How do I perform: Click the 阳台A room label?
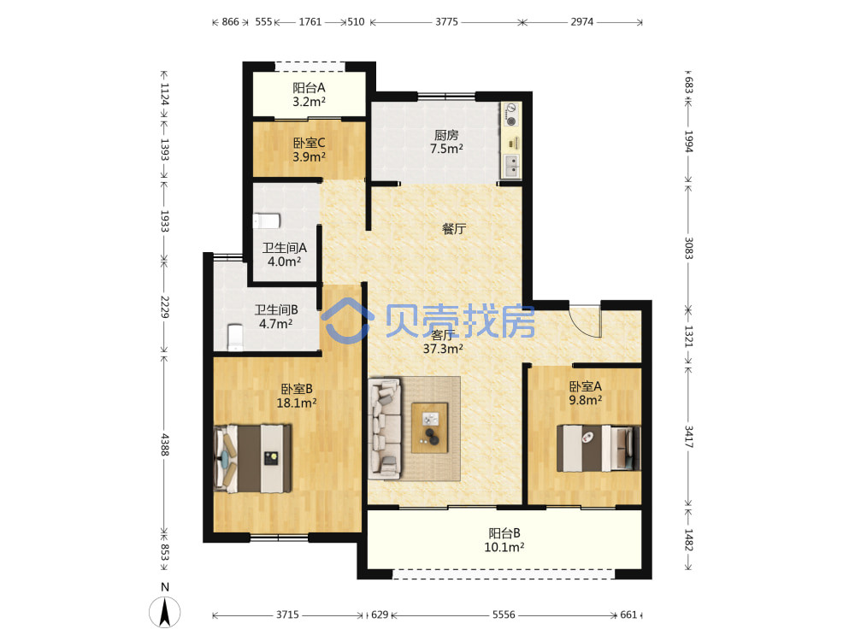click(309, 87)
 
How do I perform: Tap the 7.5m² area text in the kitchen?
click(446, 149)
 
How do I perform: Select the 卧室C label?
click(310, 143)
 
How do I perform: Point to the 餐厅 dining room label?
click(454, 229)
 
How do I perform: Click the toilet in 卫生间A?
click(267, 221)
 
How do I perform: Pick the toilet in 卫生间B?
click(235, 338)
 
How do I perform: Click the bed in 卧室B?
click(252, 459)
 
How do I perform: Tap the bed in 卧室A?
click(598, 448)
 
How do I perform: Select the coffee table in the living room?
click(430, 428)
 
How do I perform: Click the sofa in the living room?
click(385, 428)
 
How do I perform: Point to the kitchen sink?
click(511, 166)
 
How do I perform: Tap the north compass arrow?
click(165, 612)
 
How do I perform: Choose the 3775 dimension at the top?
click(446, 22)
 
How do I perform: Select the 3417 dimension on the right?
click(688, 437)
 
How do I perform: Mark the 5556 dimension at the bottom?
click(504, 615)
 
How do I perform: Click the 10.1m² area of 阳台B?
click(504, 547)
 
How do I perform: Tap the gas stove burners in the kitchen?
click(511, 115)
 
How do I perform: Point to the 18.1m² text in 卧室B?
click(297, 403)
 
